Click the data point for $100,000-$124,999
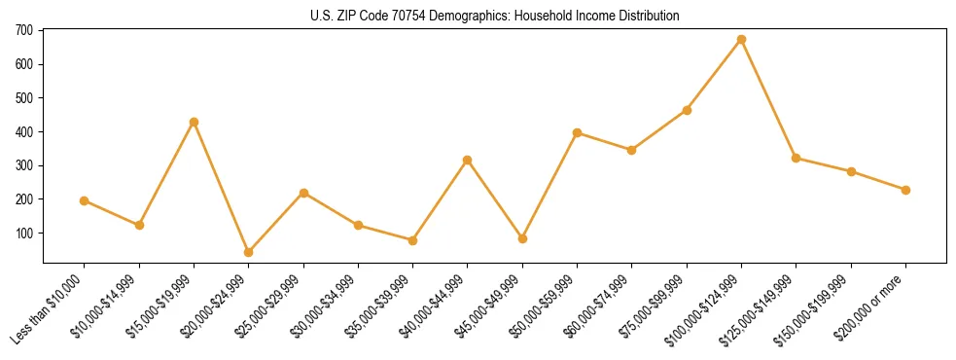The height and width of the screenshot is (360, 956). click(x=741, y=40)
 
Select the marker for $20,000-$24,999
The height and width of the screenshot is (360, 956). click(x=248, y=252)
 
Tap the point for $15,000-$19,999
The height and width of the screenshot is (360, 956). click(x=194, y=122)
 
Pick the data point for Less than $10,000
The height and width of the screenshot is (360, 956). click(x=84, y=200)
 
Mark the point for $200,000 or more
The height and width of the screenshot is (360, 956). click(x=905, y=190)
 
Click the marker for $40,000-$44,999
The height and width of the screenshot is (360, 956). click(x=467, y=160)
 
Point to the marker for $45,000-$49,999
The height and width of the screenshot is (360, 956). click(x=522, y=238)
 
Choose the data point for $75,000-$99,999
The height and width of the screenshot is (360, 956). click(x=687, y=110)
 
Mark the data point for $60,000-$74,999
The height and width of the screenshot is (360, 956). click(x=631, y=150)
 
